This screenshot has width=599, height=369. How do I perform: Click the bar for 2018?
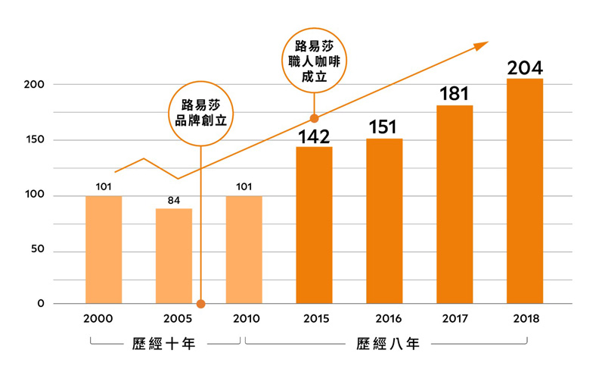pyautogui.click(x=524, y=191)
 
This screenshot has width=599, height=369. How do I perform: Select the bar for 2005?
pyautogui.click(x=174, y=256)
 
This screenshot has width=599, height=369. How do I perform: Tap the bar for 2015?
pyautogui.click(x=314, y=225)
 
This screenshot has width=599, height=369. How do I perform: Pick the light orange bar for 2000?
pyautogui.click(x=104, y=250)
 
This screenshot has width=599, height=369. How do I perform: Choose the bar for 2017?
pyautogui.click(x=455, y=205)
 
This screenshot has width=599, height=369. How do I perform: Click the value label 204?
pyautogui.click(x=524, y=68)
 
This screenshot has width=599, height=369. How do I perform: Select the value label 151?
pyautogui.click(x=383, y=127)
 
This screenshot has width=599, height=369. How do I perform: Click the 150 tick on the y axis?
pyautogui.click(x=35, y=140)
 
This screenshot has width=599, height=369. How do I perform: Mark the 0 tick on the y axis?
pyautogui.click(x=41, y=305)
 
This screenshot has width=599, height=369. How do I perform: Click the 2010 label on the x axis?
pyautogui.click(x=244, y=318)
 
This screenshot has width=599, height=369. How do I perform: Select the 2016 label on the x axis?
pyautogui.click(x=384, y=318)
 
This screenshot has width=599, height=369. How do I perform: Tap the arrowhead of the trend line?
pyautogui.click(x=482, y=45)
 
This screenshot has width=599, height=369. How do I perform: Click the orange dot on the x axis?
pyautogui.click(x=200, y=305)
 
